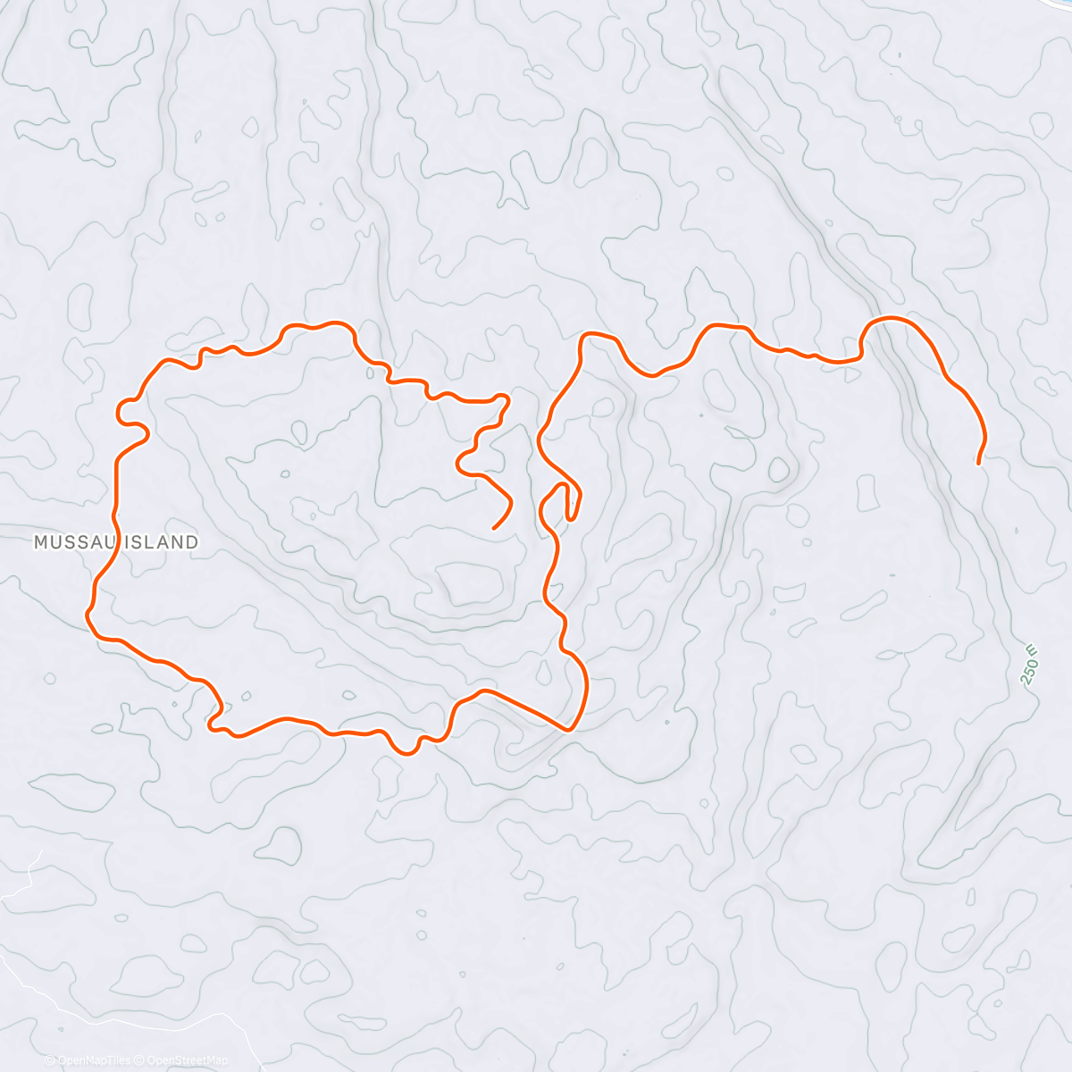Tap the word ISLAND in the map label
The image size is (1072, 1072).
160,541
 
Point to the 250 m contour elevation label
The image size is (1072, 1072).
1030,666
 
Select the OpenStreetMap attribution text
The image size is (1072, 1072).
187,1061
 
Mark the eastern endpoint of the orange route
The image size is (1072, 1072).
979,464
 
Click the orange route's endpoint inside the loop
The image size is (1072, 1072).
494,528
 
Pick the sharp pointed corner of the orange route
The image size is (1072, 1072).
569,729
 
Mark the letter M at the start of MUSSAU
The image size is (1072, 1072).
40,541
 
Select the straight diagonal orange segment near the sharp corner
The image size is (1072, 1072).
527,709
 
